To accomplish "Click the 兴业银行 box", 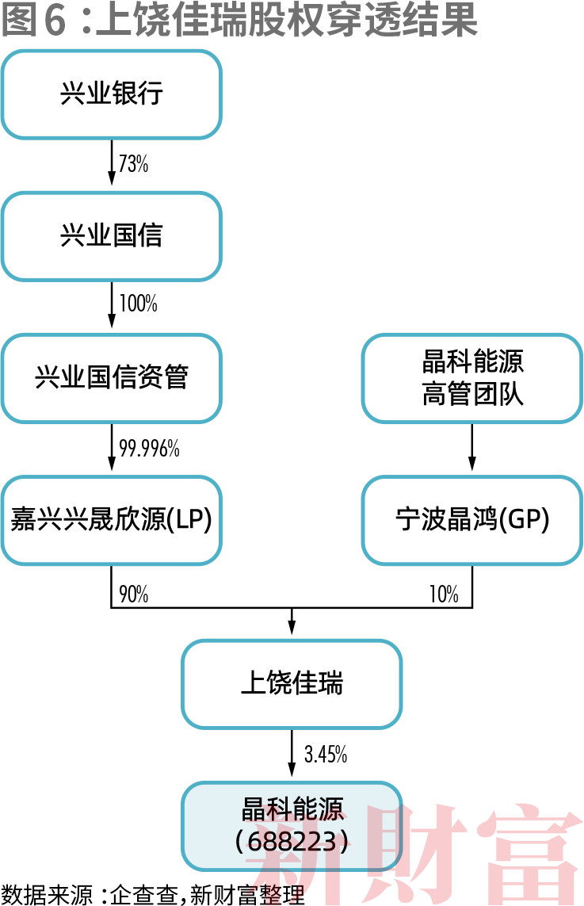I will [x=111, y=94].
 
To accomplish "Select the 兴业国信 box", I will [x=111, y=236].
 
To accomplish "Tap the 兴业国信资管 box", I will [x=111, y=378].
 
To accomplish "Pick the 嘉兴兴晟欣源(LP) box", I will [x=111, y=520].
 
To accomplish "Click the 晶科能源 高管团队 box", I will [x=472, y=378].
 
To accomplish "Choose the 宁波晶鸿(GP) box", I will [x=472, y=520].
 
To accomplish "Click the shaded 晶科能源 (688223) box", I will [x=292, y=825].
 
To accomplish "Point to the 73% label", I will [x=133, y=164].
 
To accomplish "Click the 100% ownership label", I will [x=138, y=304].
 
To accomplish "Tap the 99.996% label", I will [x=149, y=449].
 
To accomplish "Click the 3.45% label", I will [x=326, y=755].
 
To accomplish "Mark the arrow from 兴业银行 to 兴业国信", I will [x=111, y=165].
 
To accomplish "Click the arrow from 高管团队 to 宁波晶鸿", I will [x=472, y=448].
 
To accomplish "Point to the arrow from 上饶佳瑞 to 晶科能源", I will [x=292, y=754].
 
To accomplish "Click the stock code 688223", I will [x=292, y=841].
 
